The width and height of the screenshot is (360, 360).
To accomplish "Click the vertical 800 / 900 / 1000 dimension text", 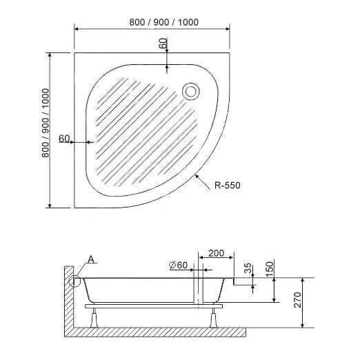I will click(46, 129).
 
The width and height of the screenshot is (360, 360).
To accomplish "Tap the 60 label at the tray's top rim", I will click(163, 43).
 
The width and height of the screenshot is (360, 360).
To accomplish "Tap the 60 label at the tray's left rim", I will click(64, 139).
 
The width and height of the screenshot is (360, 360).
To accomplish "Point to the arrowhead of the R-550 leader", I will click(197, 176).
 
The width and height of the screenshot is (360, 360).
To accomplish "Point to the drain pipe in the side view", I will click(199, 290).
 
